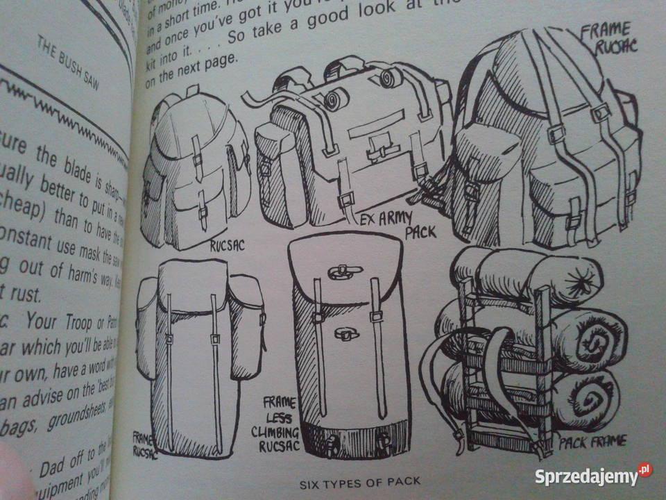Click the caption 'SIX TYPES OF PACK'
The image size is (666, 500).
359,481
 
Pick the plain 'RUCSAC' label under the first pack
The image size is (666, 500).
229,244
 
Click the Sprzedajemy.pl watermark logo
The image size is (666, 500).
592,476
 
